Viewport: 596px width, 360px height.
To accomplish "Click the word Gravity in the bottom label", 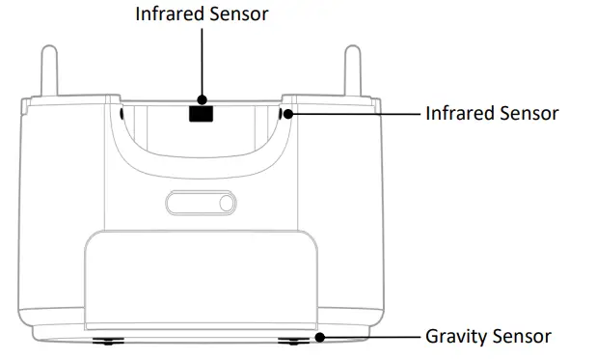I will click(x=456, y=337).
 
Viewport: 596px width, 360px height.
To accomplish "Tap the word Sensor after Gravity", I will click(x=521, y=337).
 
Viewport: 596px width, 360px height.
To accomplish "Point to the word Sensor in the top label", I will click(x=235, y=14).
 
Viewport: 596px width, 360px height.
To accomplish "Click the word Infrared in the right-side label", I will click(x=458, y=113).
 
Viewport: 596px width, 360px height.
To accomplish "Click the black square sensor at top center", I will click(x=201, y=113).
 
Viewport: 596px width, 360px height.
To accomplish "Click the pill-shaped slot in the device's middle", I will click(x=200, y=204).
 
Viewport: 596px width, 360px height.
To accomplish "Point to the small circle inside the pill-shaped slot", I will click(x=225, y=204).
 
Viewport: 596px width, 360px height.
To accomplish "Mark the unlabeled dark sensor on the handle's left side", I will click(x=121, y=114).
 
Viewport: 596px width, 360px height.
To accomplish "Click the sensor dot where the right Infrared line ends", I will click(x=287, y=114).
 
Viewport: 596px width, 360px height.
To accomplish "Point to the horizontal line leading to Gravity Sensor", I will click(x=371, y=337).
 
